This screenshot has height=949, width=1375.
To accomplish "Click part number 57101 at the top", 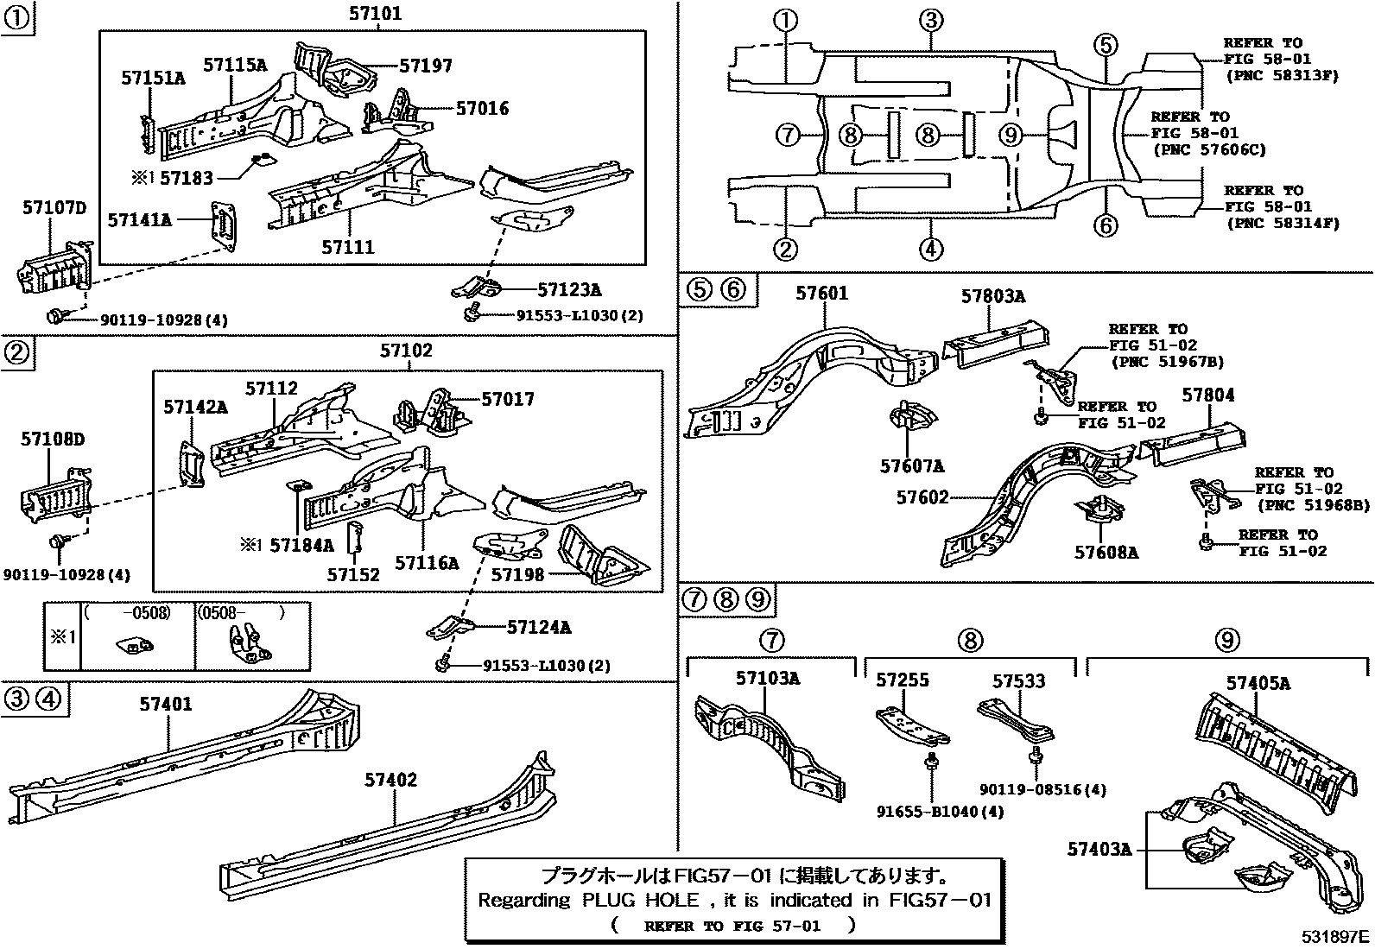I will [375, 14].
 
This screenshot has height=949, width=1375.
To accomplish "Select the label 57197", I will [425, 66].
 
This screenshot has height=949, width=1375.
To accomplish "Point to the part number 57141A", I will [139, 221].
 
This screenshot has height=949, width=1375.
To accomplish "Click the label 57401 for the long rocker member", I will [166, 705].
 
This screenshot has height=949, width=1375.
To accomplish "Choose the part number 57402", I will [390, 781].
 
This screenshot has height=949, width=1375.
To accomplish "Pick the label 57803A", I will [993, 297].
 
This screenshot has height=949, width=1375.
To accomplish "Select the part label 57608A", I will [1106, 552].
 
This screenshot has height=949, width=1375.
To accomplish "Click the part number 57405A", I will [1258, 684].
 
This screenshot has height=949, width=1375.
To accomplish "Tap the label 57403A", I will [1099, 850].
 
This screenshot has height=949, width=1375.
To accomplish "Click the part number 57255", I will [903, 680].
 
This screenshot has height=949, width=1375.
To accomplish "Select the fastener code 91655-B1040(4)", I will [940, 813].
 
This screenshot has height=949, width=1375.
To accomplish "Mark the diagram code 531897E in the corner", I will [1336, 937].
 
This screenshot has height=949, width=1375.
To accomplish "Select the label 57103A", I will [767, 679].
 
